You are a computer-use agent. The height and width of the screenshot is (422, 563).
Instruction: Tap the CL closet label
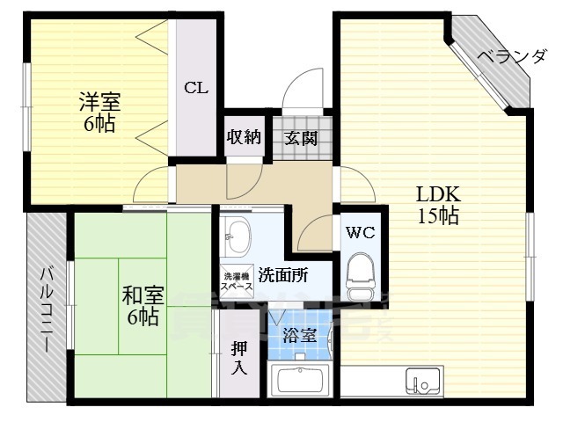tap(194, 87)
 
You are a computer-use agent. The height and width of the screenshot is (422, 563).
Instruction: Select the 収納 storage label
tap(243, 138)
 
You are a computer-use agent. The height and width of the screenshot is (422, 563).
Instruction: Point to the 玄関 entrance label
tap(301, 138)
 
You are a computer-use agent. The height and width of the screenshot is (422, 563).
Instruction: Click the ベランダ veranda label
tap(512, 58)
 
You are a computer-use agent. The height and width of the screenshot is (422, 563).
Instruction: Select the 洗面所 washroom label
tap(283, 274)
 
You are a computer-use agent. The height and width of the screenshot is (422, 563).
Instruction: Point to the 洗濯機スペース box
tap(238, 280)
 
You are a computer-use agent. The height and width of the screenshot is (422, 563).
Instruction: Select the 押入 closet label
tap(239, 356)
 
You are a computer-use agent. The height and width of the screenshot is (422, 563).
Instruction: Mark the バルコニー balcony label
tap(45, 308)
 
